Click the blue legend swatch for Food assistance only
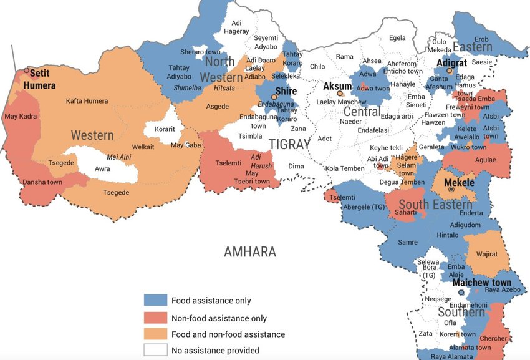tap(156, 301)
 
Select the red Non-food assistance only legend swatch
tap(156, 318)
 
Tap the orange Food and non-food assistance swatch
tap(156, 334)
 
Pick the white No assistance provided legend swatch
tap(156, 351)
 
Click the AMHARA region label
tap(249, 252)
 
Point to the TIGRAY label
tap(289, 144)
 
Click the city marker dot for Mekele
tap(451, 189)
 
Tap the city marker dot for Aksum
tap(340, 94)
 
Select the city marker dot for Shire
tap(274, 97)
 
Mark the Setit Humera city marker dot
tap(26, 71)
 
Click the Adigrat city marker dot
tap(449, 71)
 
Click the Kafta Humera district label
tap(87, 101)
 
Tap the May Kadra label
tap(21, 116)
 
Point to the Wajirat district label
tap(485, 255)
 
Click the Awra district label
tap(102, 168)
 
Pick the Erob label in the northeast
tap(482, 39)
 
